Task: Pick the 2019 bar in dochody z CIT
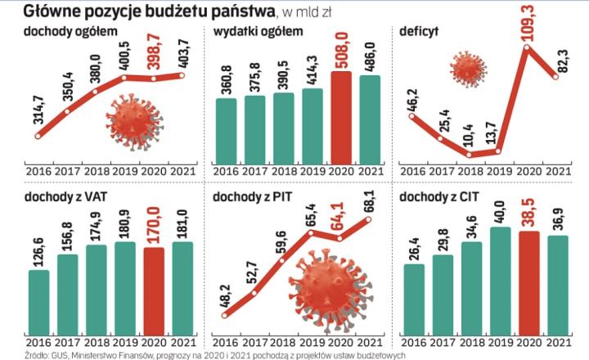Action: (501, 278)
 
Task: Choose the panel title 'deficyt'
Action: (420, 32)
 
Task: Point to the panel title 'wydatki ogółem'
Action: (258, 32)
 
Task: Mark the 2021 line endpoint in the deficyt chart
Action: (558, 76)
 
